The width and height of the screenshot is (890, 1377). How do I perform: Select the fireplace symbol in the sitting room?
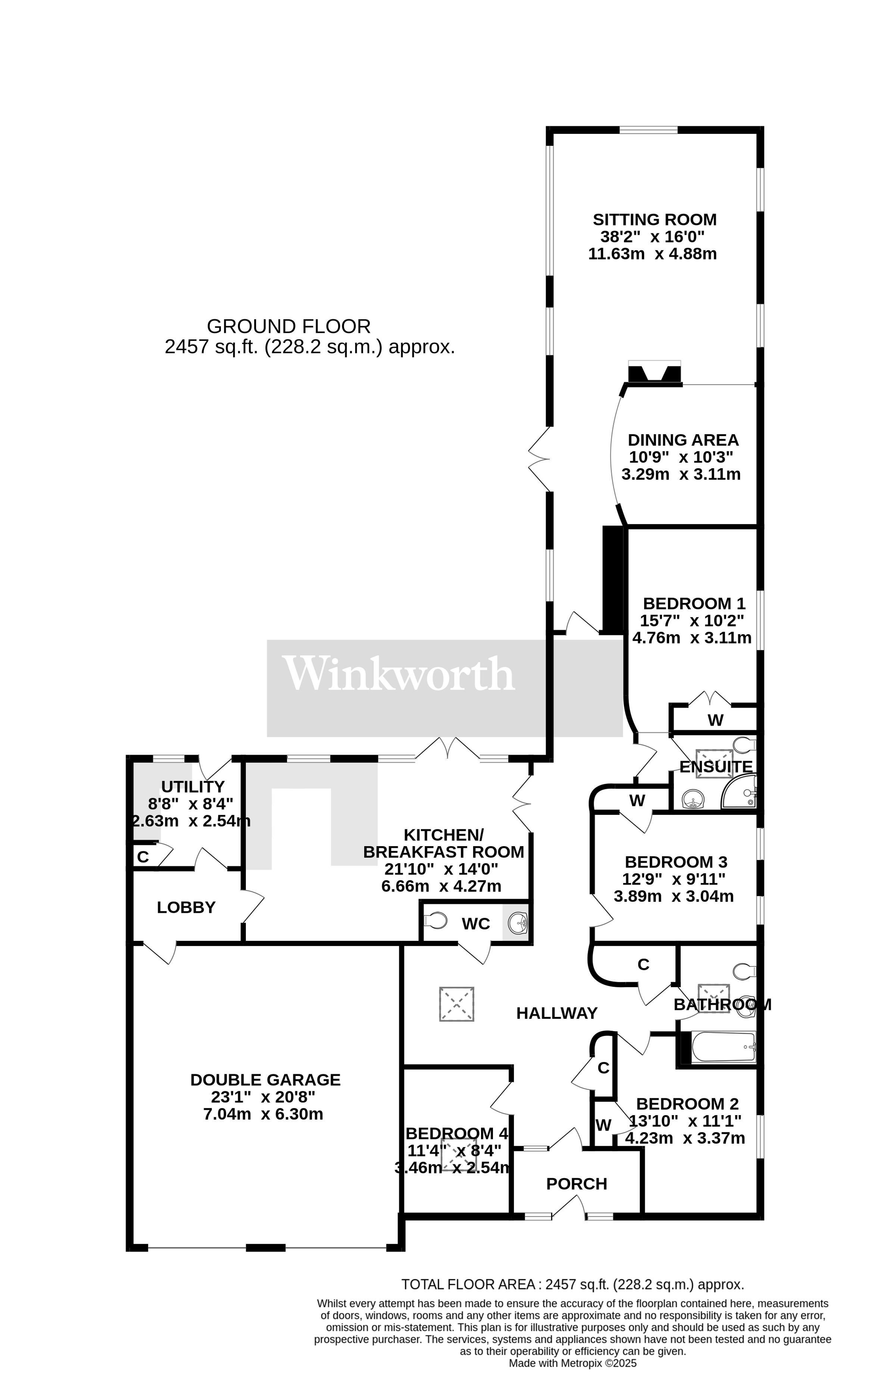coord(654,374)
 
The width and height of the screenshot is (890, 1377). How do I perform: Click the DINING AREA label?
coord(683,440)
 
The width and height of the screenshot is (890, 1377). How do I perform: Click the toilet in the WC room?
coord(436,920)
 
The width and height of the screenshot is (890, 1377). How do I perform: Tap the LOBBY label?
coord(186,907)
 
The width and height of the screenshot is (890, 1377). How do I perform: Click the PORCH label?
coord(576,1184)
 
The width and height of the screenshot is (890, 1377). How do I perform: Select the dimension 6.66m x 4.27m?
coord(441,886)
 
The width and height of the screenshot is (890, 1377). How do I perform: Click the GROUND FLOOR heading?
coord(288,326)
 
